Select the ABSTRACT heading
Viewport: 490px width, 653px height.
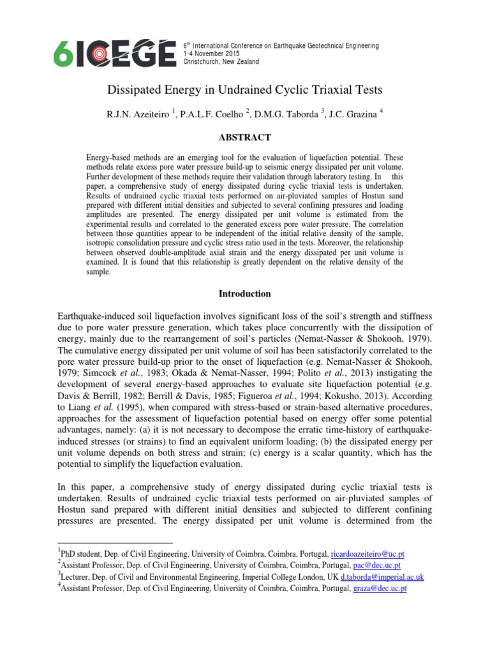click(x=245, y=137)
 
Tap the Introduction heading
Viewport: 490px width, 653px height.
click(x=245, y=294)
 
